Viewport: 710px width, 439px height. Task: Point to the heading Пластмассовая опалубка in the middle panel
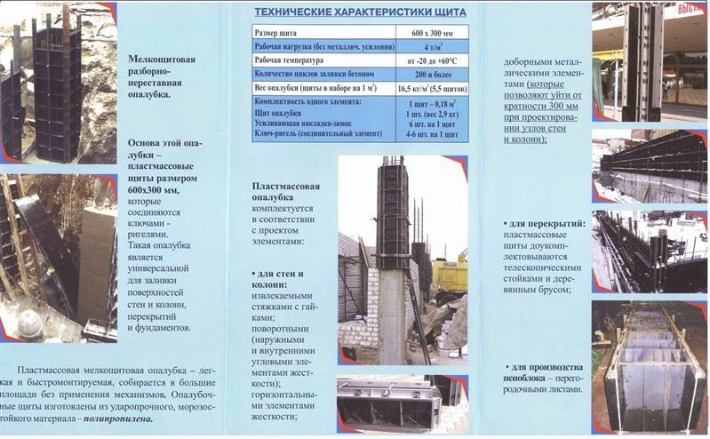pos(284,194)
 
